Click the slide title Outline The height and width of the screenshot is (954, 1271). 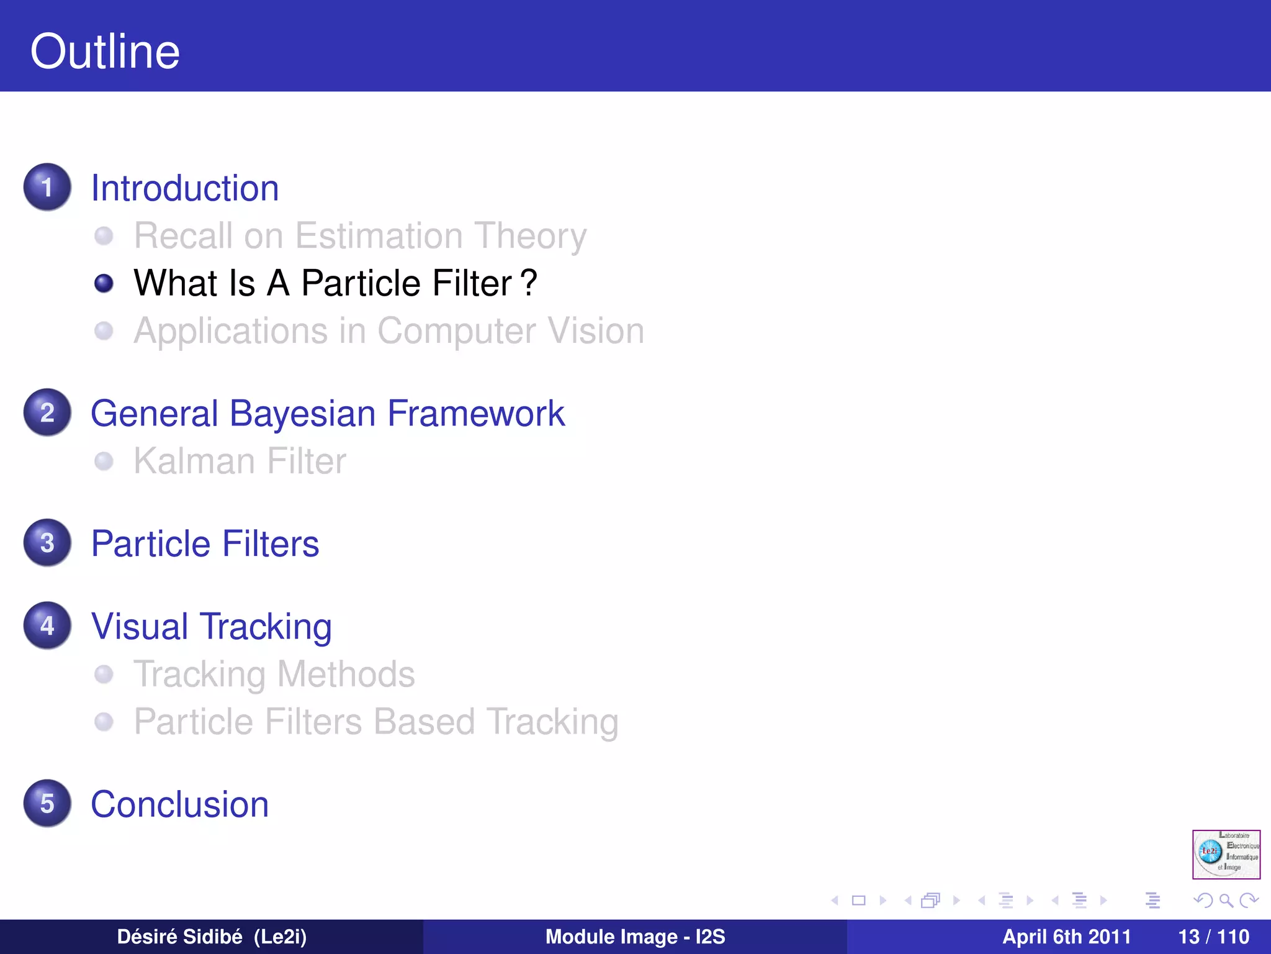click(105, 52)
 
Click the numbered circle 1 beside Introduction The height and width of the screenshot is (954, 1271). click(47, 187)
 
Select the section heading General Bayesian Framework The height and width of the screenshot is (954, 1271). click(327, 414)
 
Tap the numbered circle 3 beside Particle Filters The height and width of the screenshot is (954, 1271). click(47, 543)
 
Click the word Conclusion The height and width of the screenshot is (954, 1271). click(179, 804)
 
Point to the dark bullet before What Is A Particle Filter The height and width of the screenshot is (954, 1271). click(104, 284)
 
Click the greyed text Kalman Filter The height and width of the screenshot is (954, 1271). click(240, 461)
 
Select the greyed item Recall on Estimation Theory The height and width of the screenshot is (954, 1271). click(360, 236)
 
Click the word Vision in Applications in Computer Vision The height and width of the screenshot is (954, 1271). click(596, 330)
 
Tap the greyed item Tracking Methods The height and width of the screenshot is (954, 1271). click(274, 675)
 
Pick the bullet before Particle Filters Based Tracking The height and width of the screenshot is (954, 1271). click(104, 722)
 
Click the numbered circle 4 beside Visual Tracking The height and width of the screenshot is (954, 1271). click(47, 625)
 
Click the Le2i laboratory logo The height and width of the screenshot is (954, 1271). click(1226, 854)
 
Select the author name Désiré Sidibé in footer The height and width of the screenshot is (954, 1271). click(180, 937)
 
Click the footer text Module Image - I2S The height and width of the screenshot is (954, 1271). click(635, 937)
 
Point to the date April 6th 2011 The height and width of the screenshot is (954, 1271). click(1066, 937)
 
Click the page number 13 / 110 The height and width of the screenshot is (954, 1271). click(1213, 937)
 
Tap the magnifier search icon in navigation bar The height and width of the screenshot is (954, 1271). click(1226, 901)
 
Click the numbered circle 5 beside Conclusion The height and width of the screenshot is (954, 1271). click(47, 803)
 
